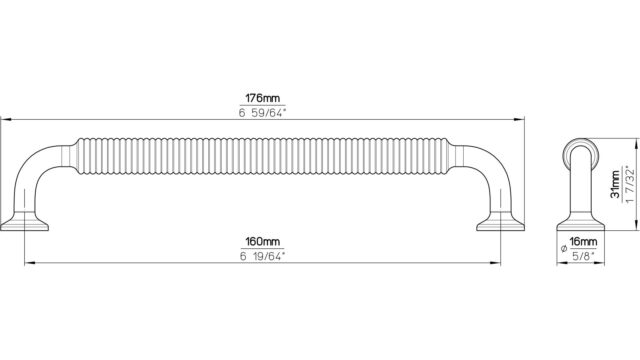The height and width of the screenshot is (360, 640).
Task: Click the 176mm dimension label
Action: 262,98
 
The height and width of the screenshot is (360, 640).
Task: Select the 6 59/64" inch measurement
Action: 262,113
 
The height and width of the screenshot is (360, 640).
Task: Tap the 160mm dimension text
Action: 262,242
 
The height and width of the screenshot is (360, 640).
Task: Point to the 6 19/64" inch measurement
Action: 262,256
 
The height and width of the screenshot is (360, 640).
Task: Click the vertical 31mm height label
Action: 615,184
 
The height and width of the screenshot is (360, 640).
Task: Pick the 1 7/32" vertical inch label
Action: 630,184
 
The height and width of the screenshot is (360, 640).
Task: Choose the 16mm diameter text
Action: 583,242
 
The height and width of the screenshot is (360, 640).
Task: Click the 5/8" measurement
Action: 583,256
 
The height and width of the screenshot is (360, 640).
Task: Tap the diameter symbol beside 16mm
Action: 564,248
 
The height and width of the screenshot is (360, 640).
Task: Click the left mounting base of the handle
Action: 24,221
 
